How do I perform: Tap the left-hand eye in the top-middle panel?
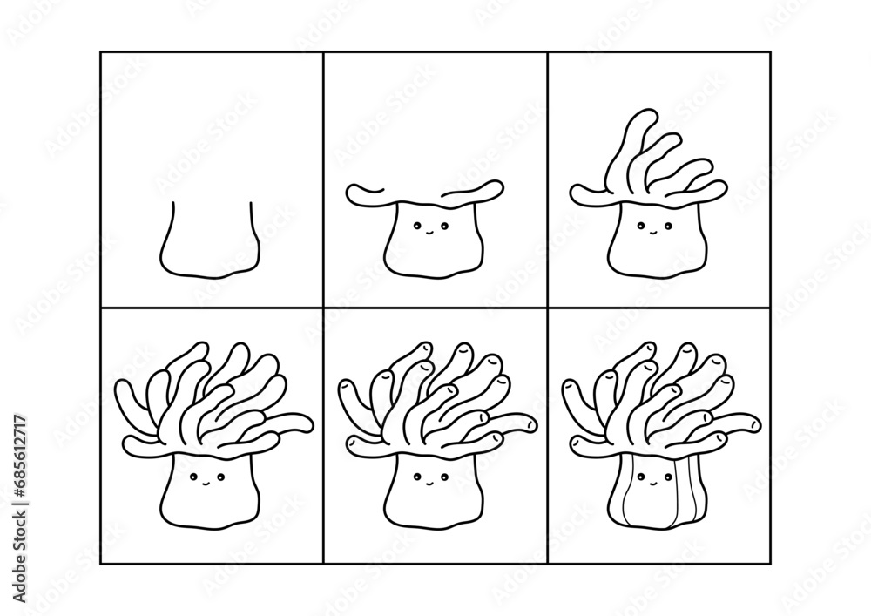417,227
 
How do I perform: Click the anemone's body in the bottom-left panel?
209,497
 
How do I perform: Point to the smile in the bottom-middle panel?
429,481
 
